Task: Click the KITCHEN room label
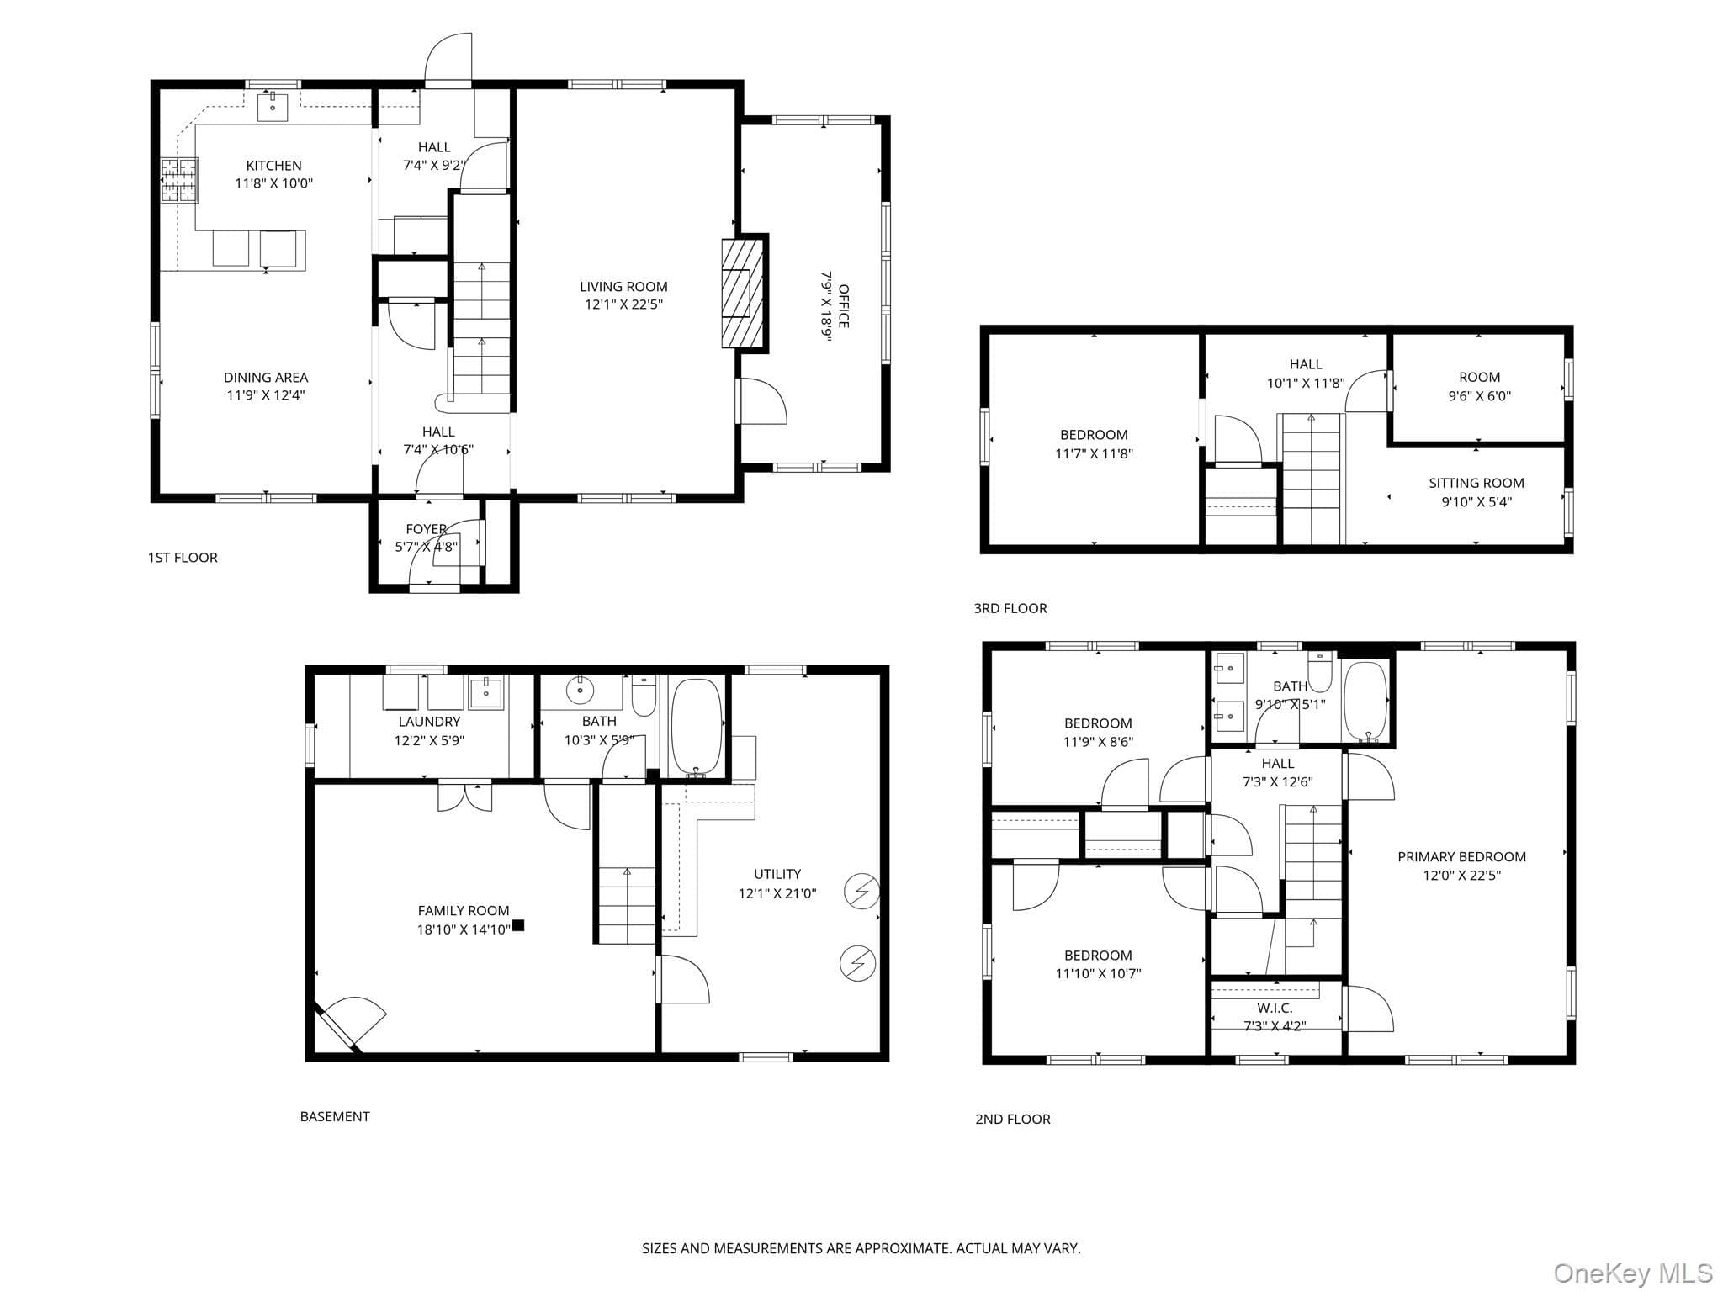(x=273, y=166)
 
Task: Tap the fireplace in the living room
(x=744, y=293)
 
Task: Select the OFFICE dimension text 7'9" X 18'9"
(x=826, y=306)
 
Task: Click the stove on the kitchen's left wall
(x=178, y=181)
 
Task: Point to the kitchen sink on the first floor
(x=273, y=108)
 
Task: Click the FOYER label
(x=426, y=529)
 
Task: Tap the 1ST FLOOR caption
(x=183, y=558)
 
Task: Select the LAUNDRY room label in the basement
(x=429, y=722)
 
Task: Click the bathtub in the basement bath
(x=697, y=728)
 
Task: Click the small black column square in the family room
(x=518, y=925)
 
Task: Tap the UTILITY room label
(x=777, y=874)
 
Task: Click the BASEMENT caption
(x=335, y=1116)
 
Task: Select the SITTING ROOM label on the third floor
(x=1476, y=483)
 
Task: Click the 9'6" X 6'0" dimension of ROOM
(x=1479, y=395)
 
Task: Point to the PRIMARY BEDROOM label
(x=1461, y=856)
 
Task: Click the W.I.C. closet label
(x=1275, y=1008)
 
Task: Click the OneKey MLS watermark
(x=1633, y=1273)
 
